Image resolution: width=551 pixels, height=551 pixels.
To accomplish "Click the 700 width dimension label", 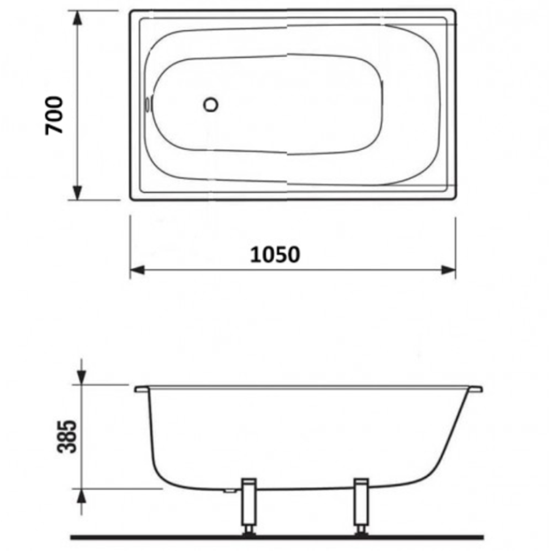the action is pos(54,115).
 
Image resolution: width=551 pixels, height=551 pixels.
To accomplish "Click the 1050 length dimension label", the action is pos(275,255).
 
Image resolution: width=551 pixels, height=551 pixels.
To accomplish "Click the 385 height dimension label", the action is pos(66,436).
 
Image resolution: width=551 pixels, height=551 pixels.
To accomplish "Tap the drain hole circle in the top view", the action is pos(211,105).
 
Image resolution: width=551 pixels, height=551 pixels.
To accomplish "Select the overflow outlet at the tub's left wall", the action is pos(148,104).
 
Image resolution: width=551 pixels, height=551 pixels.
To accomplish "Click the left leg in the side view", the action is pos(249,507).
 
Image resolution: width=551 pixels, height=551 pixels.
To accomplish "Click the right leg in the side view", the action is pos(361,507).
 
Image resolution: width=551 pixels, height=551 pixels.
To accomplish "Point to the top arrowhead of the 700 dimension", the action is pos(78,18).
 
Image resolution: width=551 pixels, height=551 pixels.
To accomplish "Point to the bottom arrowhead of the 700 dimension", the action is pos(78,193).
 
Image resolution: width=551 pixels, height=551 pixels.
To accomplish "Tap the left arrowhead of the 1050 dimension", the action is pos(137,270).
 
